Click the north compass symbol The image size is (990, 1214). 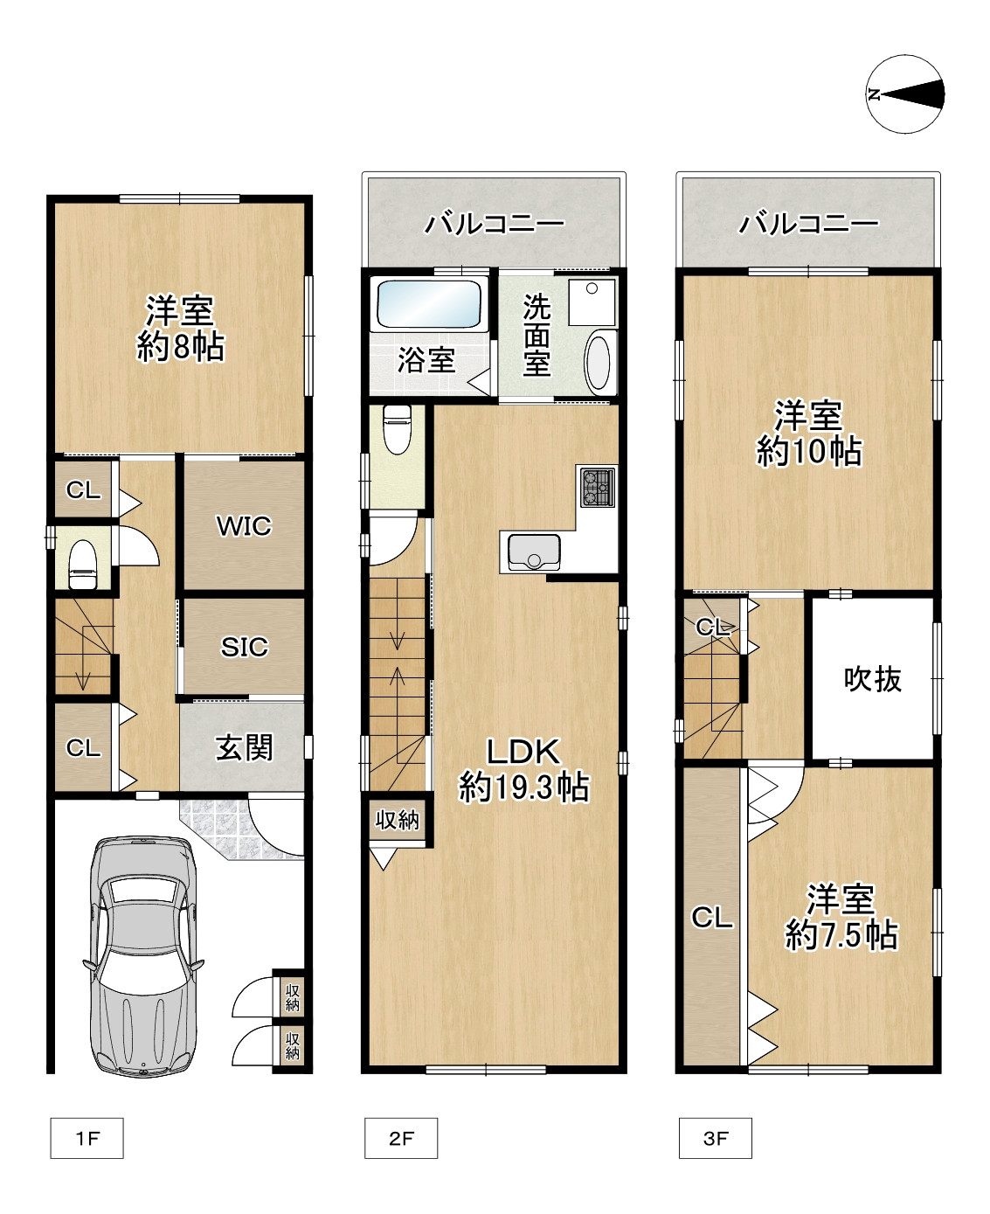pos(905,94)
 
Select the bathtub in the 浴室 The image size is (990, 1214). pos(429,304)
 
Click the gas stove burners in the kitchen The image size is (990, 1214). pos(598,487)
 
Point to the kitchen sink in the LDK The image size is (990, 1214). pos(534,551)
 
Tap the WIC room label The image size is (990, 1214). pos(244,526)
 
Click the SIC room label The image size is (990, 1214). pos(245,647)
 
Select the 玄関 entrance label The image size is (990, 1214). pos(244,748)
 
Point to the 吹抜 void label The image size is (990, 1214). pos(873,679)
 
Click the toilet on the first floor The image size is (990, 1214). pos(83,565)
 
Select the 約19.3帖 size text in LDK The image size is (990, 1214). pos(523,787)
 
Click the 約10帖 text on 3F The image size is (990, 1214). pos(809,451)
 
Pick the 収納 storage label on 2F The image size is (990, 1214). pos(398,821)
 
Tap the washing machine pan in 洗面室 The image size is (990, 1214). pos(592,302)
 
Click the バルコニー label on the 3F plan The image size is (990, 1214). pos(809,224)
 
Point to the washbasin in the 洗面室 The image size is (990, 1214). pos(599,363)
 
